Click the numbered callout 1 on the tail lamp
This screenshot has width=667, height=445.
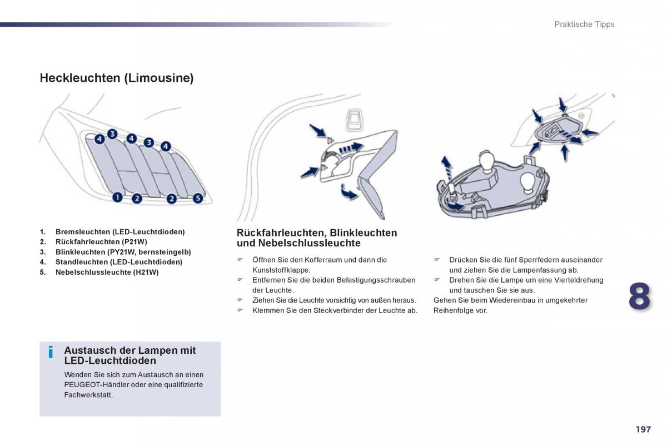pyautogui.click(x=117, y=196)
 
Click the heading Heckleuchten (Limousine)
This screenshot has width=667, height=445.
pyautogui.click(x=117, y=78)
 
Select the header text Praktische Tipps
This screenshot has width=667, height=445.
pyautogui.click(x=584, y=24)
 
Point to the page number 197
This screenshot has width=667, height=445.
pyautogui.click(x=643, y=429)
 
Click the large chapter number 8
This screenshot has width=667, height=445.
pyautogui.click(x=639, y=296)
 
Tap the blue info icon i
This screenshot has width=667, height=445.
pyautogui.click(x=51, y=352)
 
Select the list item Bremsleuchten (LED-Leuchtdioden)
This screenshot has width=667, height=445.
pyautogui.click(x=120, y=231)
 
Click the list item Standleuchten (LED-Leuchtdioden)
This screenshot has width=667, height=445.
pyautogui.click(x=119, y=262)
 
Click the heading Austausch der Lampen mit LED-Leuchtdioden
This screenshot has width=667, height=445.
pyautogui.click(x=130, y=355)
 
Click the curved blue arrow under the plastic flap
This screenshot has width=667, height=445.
pyautogui.click(x=349, y=192)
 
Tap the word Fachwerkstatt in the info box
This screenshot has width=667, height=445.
pyautogui.click(x=88, y=395)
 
